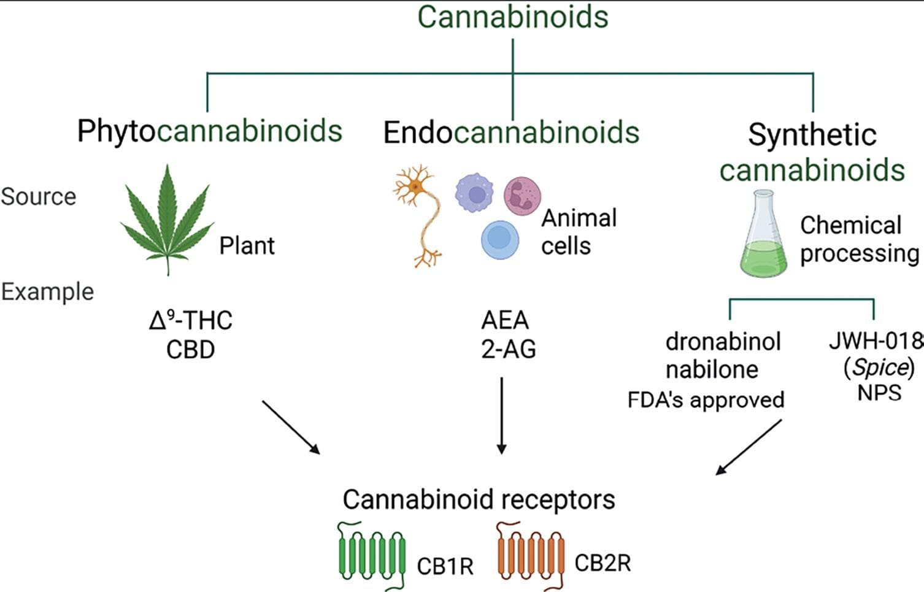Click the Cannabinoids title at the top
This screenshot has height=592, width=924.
[513, 17]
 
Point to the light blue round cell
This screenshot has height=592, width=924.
[500, 240]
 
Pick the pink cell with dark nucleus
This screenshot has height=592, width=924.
[522, 196]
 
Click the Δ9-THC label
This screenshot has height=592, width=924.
[191, 320]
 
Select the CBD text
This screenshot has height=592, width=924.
[191, 350]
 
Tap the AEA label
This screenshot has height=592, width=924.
[505, 320]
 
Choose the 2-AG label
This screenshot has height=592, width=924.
[509, 350]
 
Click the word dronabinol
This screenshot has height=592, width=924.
[723, 342]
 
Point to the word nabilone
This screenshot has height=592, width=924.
[712, 370]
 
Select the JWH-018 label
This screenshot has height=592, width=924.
[876, 340]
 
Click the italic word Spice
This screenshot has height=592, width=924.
[879, 367]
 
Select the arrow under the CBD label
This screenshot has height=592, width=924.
[291, 427]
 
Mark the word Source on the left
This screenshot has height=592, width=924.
[39, 197]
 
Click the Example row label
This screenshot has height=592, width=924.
[47, 292]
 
